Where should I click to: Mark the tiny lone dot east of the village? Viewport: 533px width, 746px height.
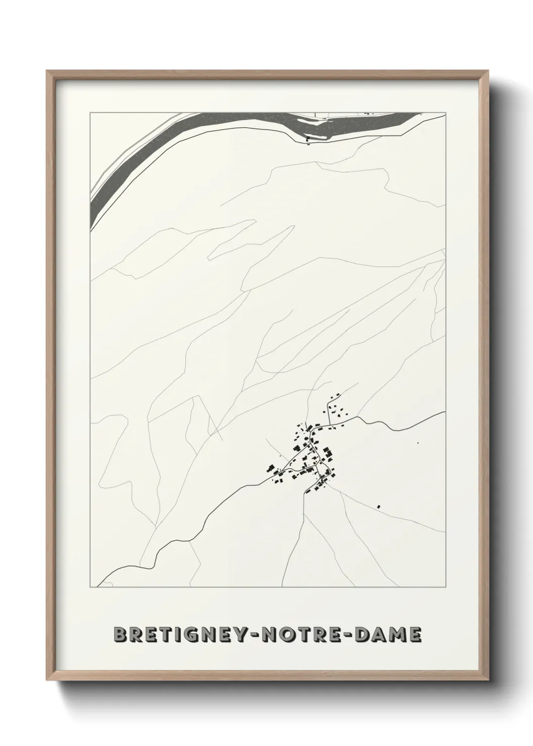tap(418, 443)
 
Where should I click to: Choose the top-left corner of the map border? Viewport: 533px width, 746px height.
tap(90, 113)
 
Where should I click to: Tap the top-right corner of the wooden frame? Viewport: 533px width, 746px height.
tap(487, 71)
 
